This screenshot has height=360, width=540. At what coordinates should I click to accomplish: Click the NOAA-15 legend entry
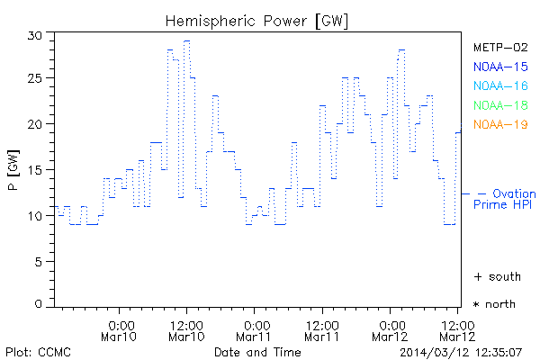499,67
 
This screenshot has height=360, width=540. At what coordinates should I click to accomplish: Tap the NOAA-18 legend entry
499,105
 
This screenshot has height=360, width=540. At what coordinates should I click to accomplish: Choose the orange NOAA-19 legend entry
499,124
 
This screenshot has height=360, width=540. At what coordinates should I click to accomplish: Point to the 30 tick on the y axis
35,35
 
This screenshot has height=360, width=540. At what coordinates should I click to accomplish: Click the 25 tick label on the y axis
35,79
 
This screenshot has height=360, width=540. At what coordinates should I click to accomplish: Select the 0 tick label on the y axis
39,305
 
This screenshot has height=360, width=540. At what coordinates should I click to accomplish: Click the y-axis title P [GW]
13,171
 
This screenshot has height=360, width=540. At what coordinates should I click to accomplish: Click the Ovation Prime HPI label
506,199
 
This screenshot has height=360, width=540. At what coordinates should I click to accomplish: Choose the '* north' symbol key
494,304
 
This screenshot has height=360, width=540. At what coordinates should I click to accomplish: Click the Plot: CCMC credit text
38,351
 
